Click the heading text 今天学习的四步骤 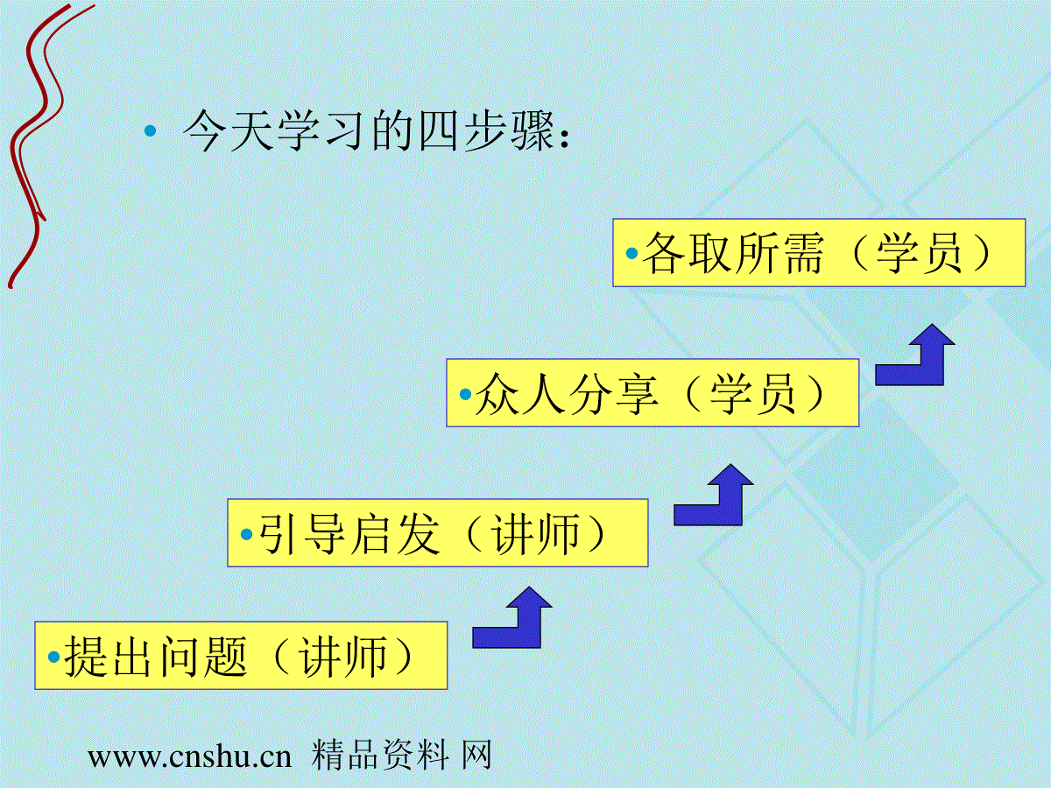[370, 130]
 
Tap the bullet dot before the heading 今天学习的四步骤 [151, 130]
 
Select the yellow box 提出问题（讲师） [241, 656]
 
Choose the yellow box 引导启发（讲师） [438, 533]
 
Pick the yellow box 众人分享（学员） [652, 393]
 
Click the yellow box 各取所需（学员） [819, 253]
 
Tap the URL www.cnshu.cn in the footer [190, 757]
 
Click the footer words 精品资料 [380, 756]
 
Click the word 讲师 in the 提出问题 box [342, 657]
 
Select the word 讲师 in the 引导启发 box [536, 534]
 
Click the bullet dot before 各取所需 [632, 254]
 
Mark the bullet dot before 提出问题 [54, 657]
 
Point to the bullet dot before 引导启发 [247, 534]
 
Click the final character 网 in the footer [477, 756]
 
